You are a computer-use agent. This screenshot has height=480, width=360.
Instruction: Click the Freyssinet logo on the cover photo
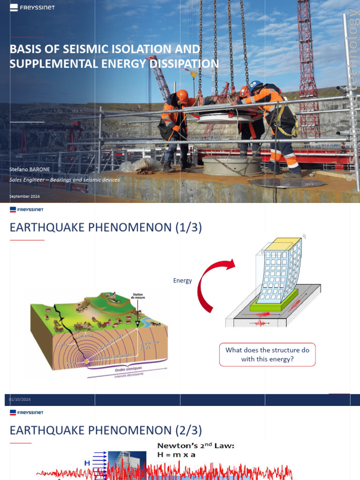click(32, 7)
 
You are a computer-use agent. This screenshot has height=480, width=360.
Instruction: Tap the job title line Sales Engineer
click(65, 180)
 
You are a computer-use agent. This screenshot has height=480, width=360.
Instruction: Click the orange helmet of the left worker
click(182, 95)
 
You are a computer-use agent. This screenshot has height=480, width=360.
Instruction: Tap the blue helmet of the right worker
click(255, 86)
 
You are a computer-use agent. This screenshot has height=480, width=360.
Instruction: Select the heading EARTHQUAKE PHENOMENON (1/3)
click(105, 228)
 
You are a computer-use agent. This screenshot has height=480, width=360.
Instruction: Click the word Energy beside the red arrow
click(182, 281)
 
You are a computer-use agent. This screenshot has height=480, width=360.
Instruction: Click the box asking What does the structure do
click(267, 354)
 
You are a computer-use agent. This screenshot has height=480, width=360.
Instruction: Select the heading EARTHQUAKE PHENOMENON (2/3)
click(105, 430)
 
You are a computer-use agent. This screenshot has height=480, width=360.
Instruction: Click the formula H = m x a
click(177, 455)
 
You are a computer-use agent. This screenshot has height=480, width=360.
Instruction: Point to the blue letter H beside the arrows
click(87, 463)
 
